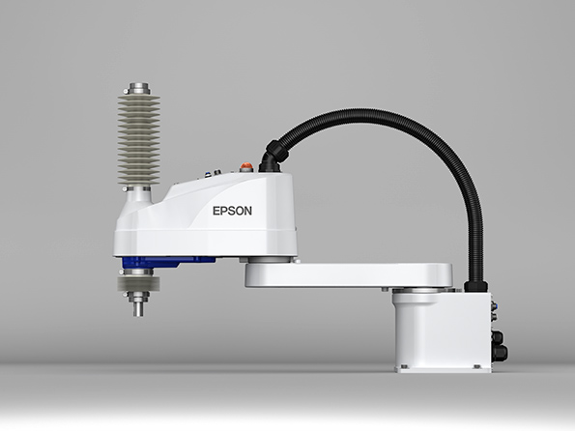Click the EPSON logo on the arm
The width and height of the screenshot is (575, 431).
click(x=232, y=211)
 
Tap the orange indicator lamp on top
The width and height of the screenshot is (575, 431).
click(x=245, y=167)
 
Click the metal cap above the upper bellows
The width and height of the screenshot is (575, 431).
click(x=139, y=89)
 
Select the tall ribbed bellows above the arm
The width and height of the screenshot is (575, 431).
click(x=138, y=140)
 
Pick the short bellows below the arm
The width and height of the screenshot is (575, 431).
click(x=138, y=283)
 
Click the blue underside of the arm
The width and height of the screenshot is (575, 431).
click(x=167, y=261)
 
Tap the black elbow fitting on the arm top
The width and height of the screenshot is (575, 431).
click(x=273, y=156)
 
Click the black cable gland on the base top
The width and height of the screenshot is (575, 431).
click(x=476, y=286)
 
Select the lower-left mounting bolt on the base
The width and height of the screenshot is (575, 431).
click(x=404, y=366)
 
